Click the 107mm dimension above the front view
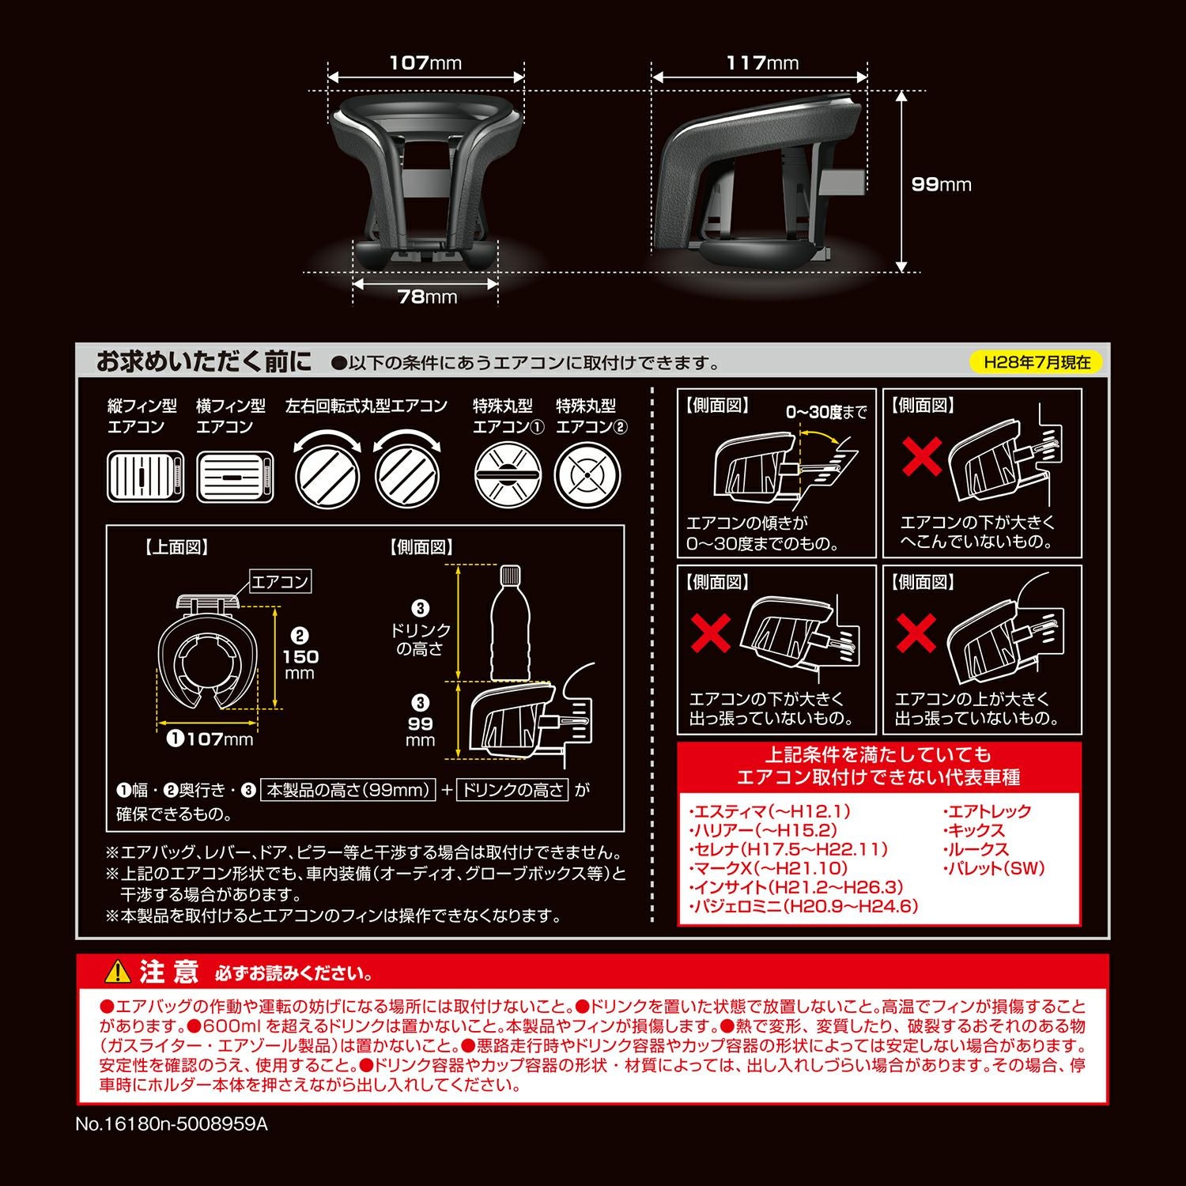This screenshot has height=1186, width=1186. point(425,62)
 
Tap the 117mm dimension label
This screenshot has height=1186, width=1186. point(762,62)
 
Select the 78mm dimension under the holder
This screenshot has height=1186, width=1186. point(427,296)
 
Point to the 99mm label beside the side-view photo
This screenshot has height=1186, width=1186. point(941,184)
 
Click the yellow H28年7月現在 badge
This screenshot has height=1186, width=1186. point(1037,362)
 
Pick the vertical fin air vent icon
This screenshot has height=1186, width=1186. point(145,477)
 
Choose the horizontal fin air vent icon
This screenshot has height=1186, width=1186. point(235,477)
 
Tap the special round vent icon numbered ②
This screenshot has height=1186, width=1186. point(588,475)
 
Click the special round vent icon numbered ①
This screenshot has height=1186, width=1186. point(508,475)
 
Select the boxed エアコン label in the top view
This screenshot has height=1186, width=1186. point(280,582)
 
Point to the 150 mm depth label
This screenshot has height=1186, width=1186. point(300,655)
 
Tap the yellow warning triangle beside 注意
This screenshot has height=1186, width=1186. point(118,971)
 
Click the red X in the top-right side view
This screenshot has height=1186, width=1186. point(922,456)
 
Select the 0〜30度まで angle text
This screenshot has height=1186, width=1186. point(826,412)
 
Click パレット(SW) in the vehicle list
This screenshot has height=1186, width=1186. point(994,868)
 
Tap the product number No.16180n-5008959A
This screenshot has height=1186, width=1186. point(172,1124)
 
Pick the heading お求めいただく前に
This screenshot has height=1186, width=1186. point(204,362)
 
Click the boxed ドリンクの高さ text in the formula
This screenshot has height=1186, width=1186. point(513,789)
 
